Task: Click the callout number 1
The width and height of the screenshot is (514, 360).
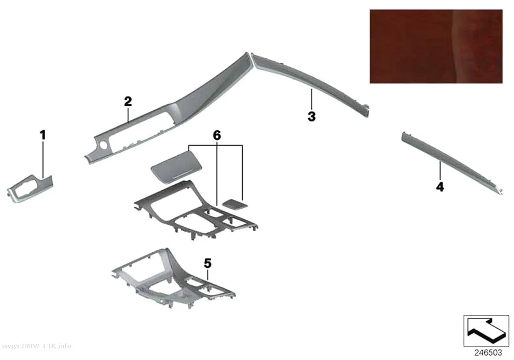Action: pyautogui.click(x=43, y=135)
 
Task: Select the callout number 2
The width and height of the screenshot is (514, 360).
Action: pyautogui.click(x=128, y=101)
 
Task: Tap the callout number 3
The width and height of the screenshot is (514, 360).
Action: pyautogui.click(x=311, y=116)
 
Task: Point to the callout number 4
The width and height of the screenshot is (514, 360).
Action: pyautogui.click(x=440, y=187)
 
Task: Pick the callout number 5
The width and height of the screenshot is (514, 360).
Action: pyautogui.click(x=208, y=264)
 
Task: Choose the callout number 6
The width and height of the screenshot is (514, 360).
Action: pyautogui.click(x=217, y=135)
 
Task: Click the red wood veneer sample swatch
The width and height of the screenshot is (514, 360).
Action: pyautogui.click(x=436, y=46)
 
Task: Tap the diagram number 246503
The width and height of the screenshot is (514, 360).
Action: pyautogui.click(x=488, y=353)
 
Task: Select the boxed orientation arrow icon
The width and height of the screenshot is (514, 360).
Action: pyautogui.click(x=486, y=331)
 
